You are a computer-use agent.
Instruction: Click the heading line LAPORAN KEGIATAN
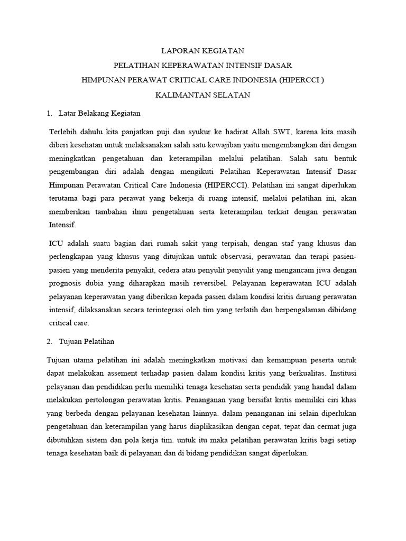[x=202, y=51]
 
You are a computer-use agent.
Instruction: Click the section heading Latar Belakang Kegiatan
[x=100, y=113]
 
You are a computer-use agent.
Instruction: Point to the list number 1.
[x=50, y=113]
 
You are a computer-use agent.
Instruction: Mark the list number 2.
[x=50, y=341]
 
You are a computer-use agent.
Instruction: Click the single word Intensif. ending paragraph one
[x=62, y=225]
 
